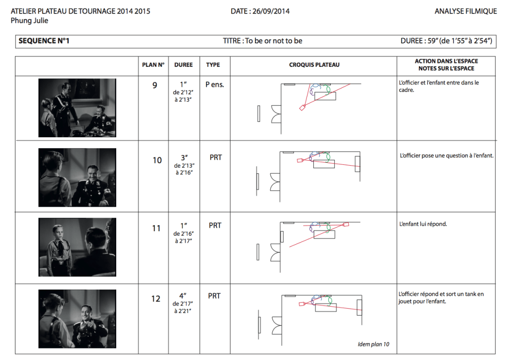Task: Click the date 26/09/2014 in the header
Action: click(x=271, y=11)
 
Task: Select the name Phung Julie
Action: click(x=29, y=20)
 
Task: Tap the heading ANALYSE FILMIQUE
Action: click(x=466, y=11)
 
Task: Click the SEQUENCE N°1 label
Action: click(x=44, y=41)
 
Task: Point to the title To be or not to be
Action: click(x=274, y=41)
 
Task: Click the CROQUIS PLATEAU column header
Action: click(x=314, y=65)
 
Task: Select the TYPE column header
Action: click(x=213, y=65)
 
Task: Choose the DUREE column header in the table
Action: click(x=184, y=65)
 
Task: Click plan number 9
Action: click(x=155, y=85)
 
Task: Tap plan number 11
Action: click(x=156, y=228)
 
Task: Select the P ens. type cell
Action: click(x=215, y=85)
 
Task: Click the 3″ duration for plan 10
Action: click(x=184, y=158)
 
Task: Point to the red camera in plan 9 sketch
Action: click(x=302, y=108)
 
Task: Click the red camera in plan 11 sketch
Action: click(x=346, y=224)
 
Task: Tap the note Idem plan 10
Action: click(x=373, y=345)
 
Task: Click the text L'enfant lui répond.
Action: click(x=423, y=224)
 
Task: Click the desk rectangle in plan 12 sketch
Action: click(x=326, y=308)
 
